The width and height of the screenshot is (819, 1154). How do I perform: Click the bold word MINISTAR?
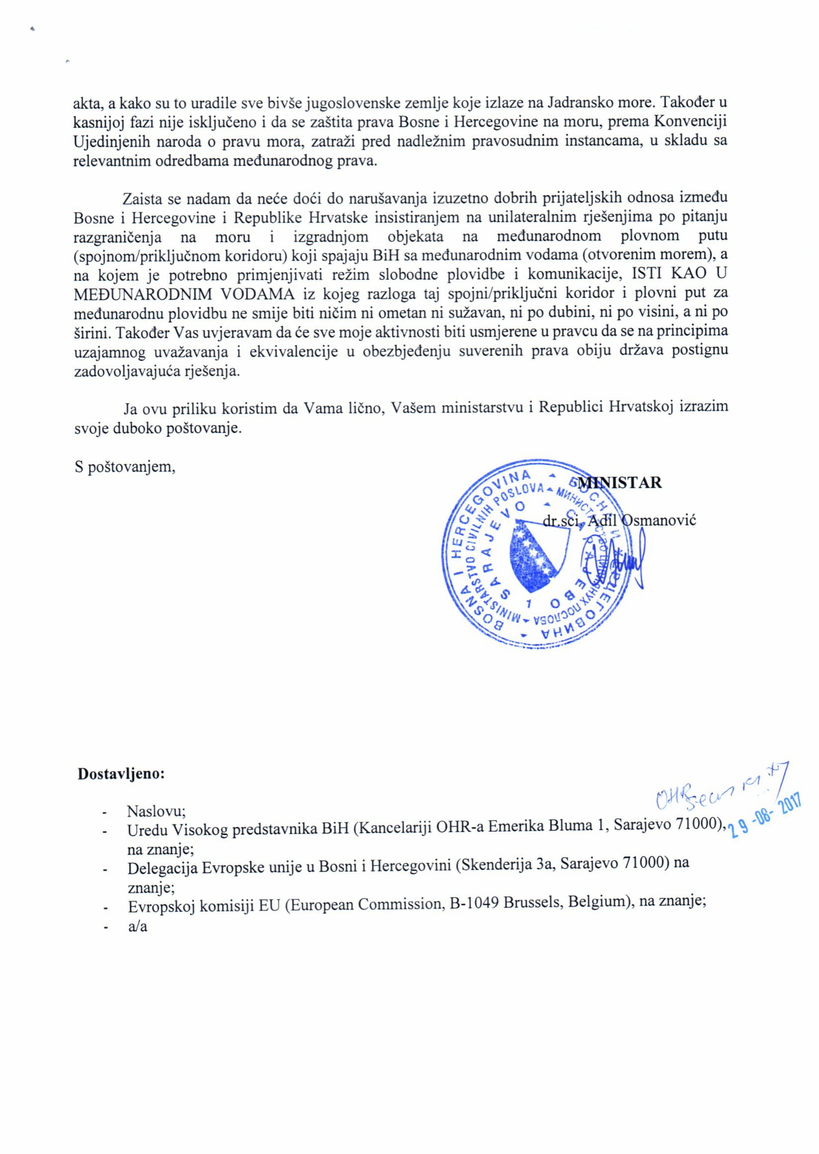pyautogui.click(x=620, y=482)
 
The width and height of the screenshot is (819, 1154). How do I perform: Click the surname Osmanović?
pyautogui.click(x=659, y=520)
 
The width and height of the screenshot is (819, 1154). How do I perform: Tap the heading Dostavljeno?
pyautogui.click(x=121, y=773)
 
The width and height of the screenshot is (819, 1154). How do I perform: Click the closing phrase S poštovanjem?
pyautogui.click(x=125, y=466)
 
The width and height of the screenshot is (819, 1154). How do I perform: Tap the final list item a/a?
pyautogui.click(x=138, y=926)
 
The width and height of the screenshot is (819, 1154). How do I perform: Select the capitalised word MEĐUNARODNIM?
pyautogui.click(x=143, y=293)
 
